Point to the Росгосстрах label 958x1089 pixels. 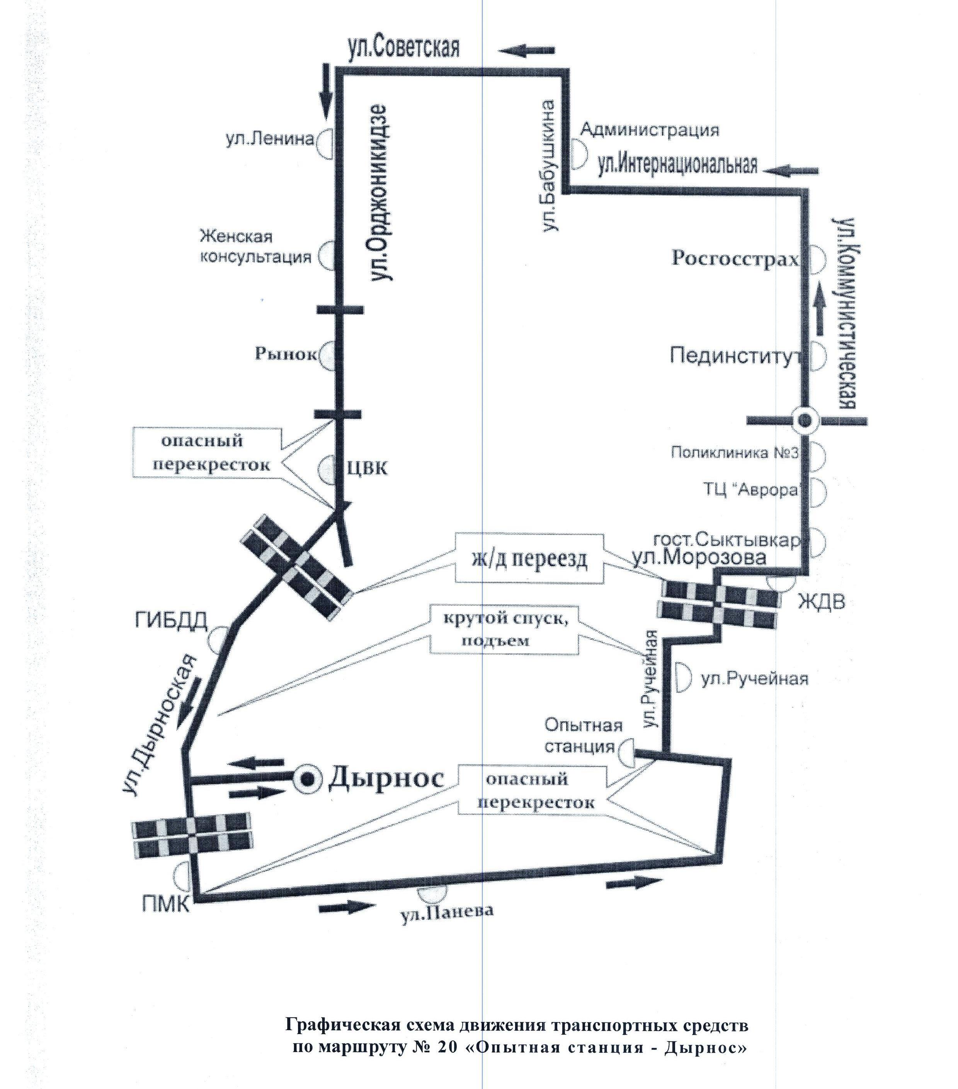pos(735,259)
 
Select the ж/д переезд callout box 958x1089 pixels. pos(529,560)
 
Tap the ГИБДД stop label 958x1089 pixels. pos(171,621)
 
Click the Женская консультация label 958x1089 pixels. pos(255,246)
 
